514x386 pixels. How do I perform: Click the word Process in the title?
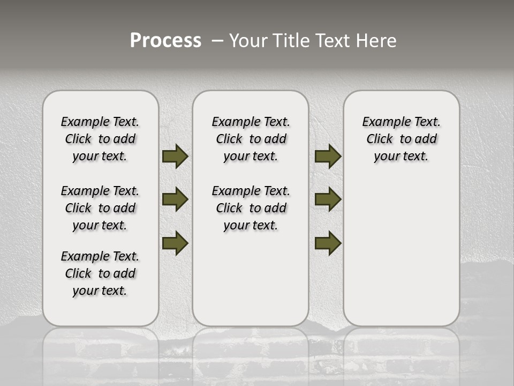[x=165, y=40]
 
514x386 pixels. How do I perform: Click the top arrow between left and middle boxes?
[x=175, y=157]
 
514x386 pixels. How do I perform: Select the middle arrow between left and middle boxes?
[x=175, y=199]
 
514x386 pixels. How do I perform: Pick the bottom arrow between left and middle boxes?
[x=175, y=243]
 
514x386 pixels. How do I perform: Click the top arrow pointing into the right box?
[x=328, y=157]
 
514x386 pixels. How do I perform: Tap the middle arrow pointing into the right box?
[x=328, y=199]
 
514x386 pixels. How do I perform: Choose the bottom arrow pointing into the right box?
[x=328, y=243]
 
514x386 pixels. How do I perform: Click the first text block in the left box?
[x=100, y=139]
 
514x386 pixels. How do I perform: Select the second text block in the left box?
[x=100, y=208]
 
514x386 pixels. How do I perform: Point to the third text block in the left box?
[x=100, y=273]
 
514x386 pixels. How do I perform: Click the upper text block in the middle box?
[x=251, y=139]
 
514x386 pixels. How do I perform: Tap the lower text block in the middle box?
[x=251, y=208]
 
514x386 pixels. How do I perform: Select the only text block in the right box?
[x=401, y=139]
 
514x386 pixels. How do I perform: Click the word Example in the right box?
[x=382, y=122]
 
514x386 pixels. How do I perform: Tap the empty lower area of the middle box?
[x=251, y=279]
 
